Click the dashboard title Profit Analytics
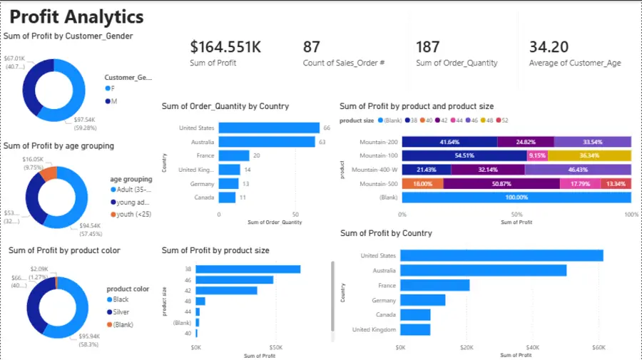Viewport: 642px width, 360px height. point(77,17)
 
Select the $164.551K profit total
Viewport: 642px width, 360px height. point(225,47)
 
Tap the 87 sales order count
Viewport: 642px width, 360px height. point(312,47)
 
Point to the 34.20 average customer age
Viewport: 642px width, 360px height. point(549,47)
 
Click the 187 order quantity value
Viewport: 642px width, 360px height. point(428,47)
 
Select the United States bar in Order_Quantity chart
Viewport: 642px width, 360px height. point(269,128)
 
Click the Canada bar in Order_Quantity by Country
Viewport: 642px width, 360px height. point(228,197)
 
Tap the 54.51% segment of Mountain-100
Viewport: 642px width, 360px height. point(464,155)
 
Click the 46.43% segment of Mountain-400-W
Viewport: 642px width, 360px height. point(578,170)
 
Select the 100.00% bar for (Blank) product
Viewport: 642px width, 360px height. point(516,197)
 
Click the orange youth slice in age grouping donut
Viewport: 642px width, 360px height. point(48,173)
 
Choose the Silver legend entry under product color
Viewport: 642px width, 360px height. point(121,312)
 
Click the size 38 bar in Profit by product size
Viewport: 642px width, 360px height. point(248,269)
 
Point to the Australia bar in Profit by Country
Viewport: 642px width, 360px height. point(484,270)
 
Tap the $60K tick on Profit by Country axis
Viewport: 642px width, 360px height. point(598,347)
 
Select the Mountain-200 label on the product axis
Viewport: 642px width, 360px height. point(378,142)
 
